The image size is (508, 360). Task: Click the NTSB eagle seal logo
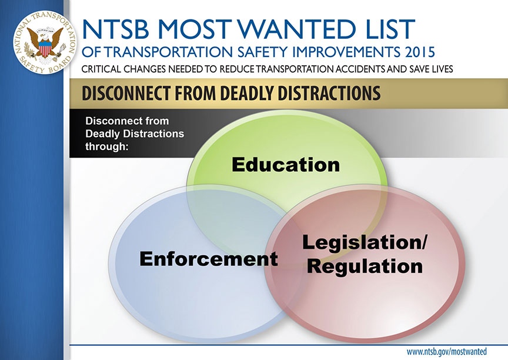45,42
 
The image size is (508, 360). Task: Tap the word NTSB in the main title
115,29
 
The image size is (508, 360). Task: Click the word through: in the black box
107,146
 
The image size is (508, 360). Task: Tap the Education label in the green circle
286,165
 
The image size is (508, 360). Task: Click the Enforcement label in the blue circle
209,259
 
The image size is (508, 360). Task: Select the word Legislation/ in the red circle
365,243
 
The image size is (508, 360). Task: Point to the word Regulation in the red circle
365,266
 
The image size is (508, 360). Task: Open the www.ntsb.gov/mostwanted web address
447,352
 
